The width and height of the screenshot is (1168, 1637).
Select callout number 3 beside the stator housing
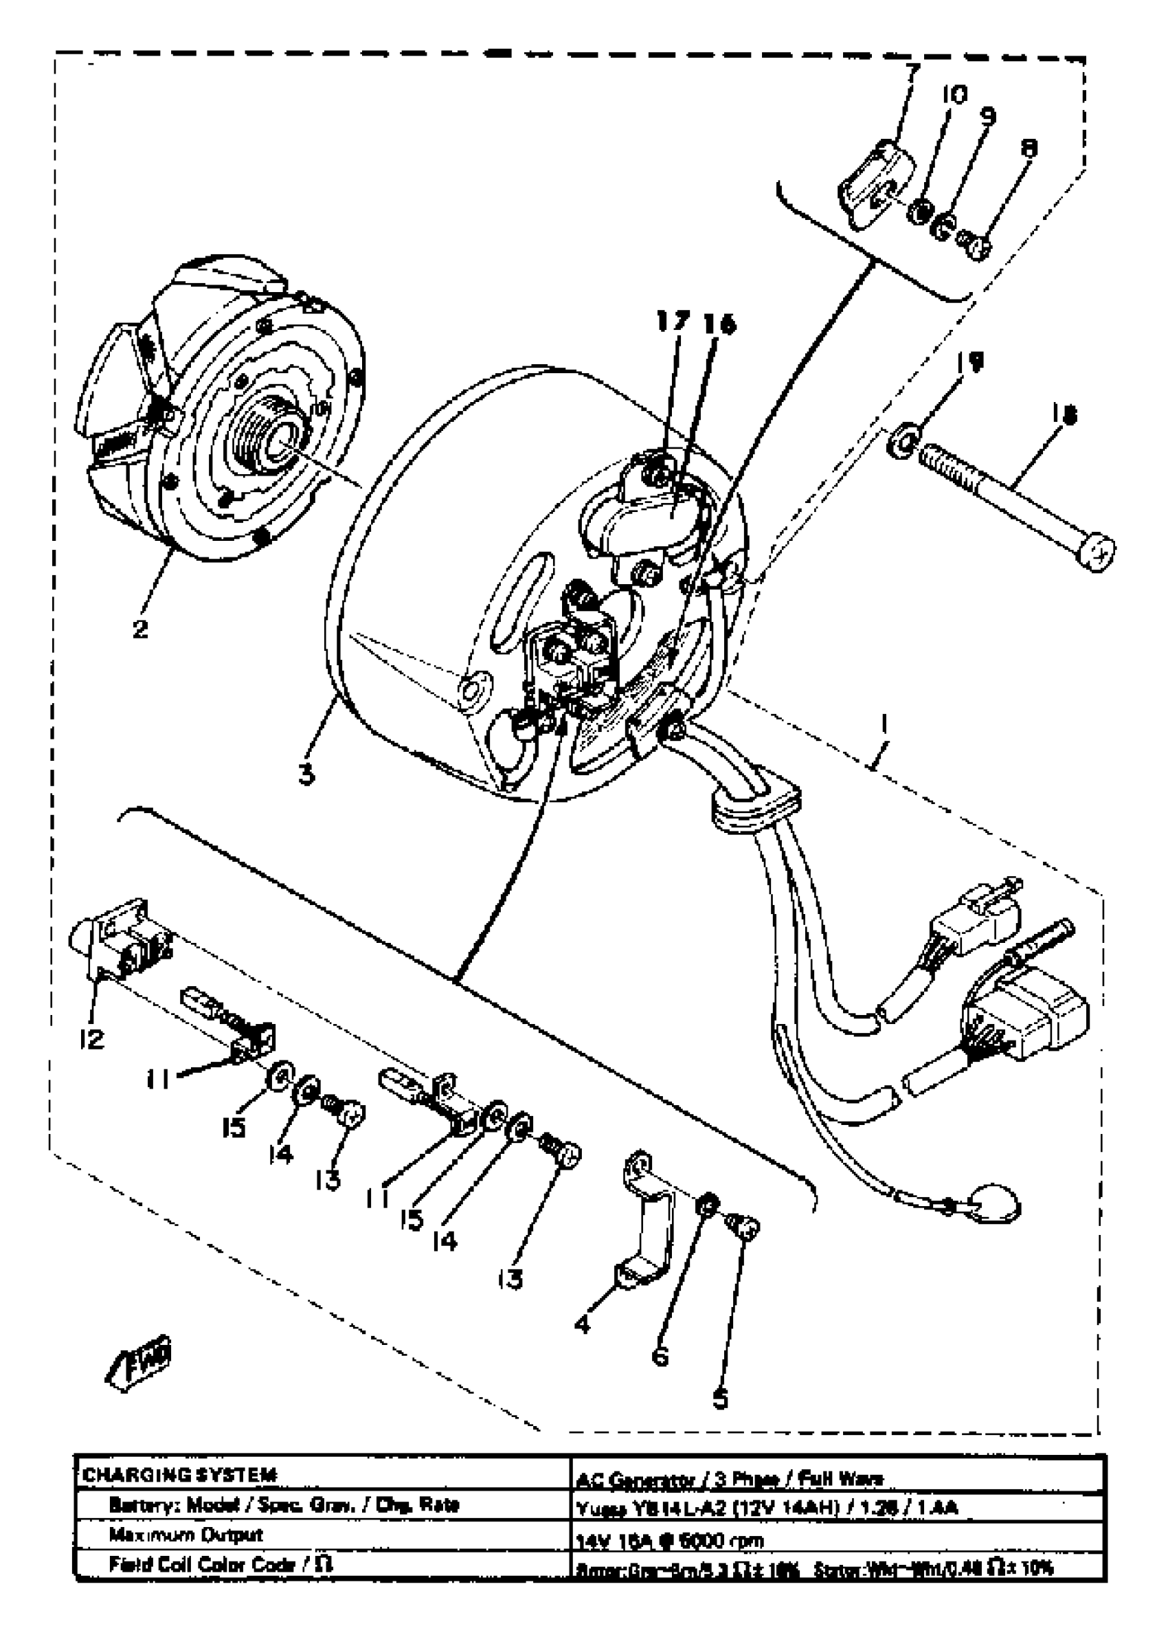coord(306,775)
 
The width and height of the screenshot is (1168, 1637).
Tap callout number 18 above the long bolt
coord(1064,414)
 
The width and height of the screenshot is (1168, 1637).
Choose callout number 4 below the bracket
coord(583,1322)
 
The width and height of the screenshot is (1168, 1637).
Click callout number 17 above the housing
coord(673,322)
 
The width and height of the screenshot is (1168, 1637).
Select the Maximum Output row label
coord(186,1534)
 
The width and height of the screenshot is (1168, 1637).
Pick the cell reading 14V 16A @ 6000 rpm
coord(671,1540)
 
